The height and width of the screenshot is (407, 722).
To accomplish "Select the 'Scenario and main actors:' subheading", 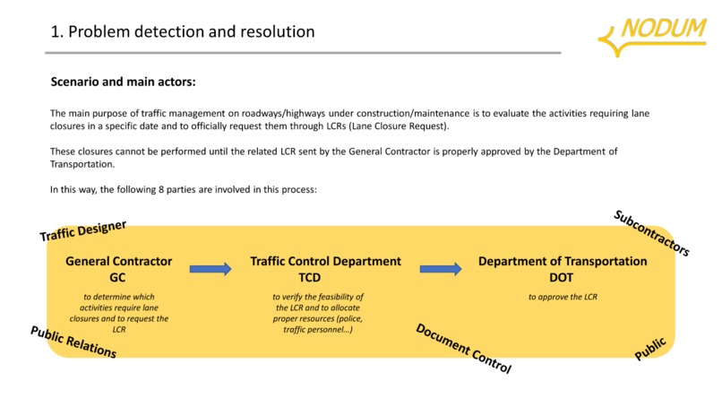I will pos(123,82).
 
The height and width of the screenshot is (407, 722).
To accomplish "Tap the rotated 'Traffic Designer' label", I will pos(83,230).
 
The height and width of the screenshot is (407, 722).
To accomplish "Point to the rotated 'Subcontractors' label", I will pos(651,233).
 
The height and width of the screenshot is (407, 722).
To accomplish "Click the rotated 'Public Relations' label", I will pos(73,342).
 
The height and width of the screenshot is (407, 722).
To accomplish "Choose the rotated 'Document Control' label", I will pos(463,348).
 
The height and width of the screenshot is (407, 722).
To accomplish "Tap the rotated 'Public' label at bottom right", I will pos(650,348).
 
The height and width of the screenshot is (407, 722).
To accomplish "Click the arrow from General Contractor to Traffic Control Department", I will pos(211,268).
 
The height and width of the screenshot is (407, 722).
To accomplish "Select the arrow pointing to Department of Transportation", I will pos(441,268).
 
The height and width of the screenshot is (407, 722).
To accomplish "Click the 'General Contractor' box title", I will pos(119,262).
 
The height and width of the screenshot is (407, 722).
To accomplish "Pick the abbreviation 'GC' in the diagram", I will pos(117,278).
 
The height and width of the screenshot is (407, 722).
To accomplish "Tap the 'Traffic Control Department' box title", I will pos(325,262).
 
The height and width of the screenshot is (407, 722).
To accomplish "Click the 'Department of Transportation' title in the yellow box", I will pos(563,262).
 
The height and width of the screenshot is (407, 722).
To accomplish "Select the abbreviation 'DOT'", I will pos(563,278).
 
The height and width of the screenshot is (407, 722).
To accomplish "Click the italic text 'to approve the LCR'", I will pos(563,297).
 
